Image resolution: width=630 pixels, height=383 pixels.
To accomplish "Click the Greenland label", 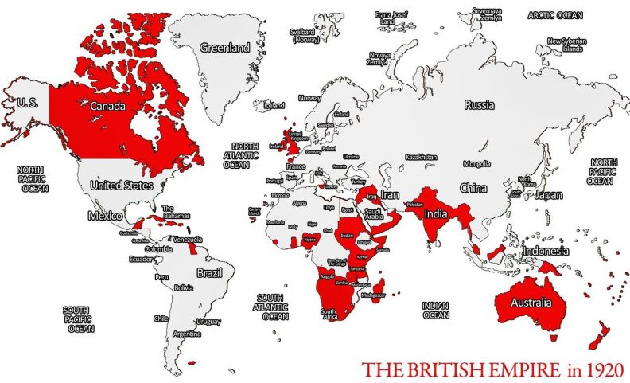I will [x=224, y=48].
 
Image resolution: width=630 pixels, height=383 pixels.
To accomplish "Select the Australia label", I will [x=531, y=303].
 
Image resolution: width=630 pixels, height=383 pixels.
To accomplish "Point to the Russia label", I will [x=480, y=105].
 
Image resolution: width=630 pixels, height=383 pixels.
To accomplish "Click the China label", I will [x=472, y=189].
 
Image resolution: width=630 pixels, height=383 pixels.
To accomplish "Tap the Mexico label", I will [x=105, y=216].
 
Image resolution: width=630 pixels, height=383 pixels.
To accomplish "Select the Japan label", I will [x=549, y=195].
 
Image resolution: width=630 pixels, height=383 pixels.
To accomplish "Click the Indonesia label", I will [x=546, y=251].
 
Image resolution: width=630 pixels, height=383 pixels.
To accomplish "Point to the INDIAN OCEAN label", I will [x=436, y=310].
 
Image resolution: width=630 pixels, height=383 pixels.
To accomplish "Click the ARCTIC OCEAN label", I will [x=555, y=15].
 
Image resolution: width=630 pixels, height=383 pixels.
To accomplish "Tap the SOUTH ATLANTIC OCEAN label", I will [x=270, y=306].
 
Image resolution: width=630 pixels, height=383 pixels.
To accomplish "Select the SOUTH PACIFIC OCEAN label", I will [x=80, y=319].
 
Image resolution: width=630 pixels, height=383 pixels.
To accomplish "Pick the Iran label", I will [x=390, y=194].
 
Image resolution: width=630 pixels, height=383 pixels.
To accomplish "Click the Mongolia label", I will [x=476, y=164].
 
